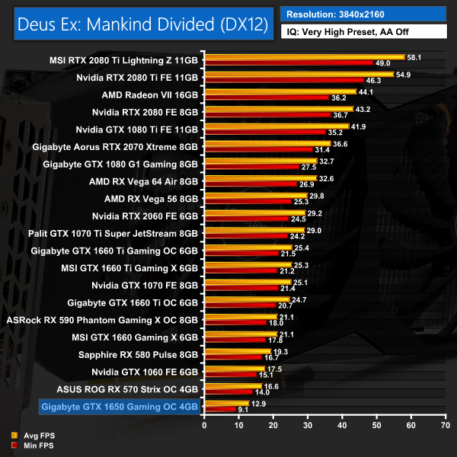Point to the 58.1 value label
[x=415, y=56]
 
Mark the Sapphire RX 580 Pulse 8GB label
[x=138, y=354]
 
